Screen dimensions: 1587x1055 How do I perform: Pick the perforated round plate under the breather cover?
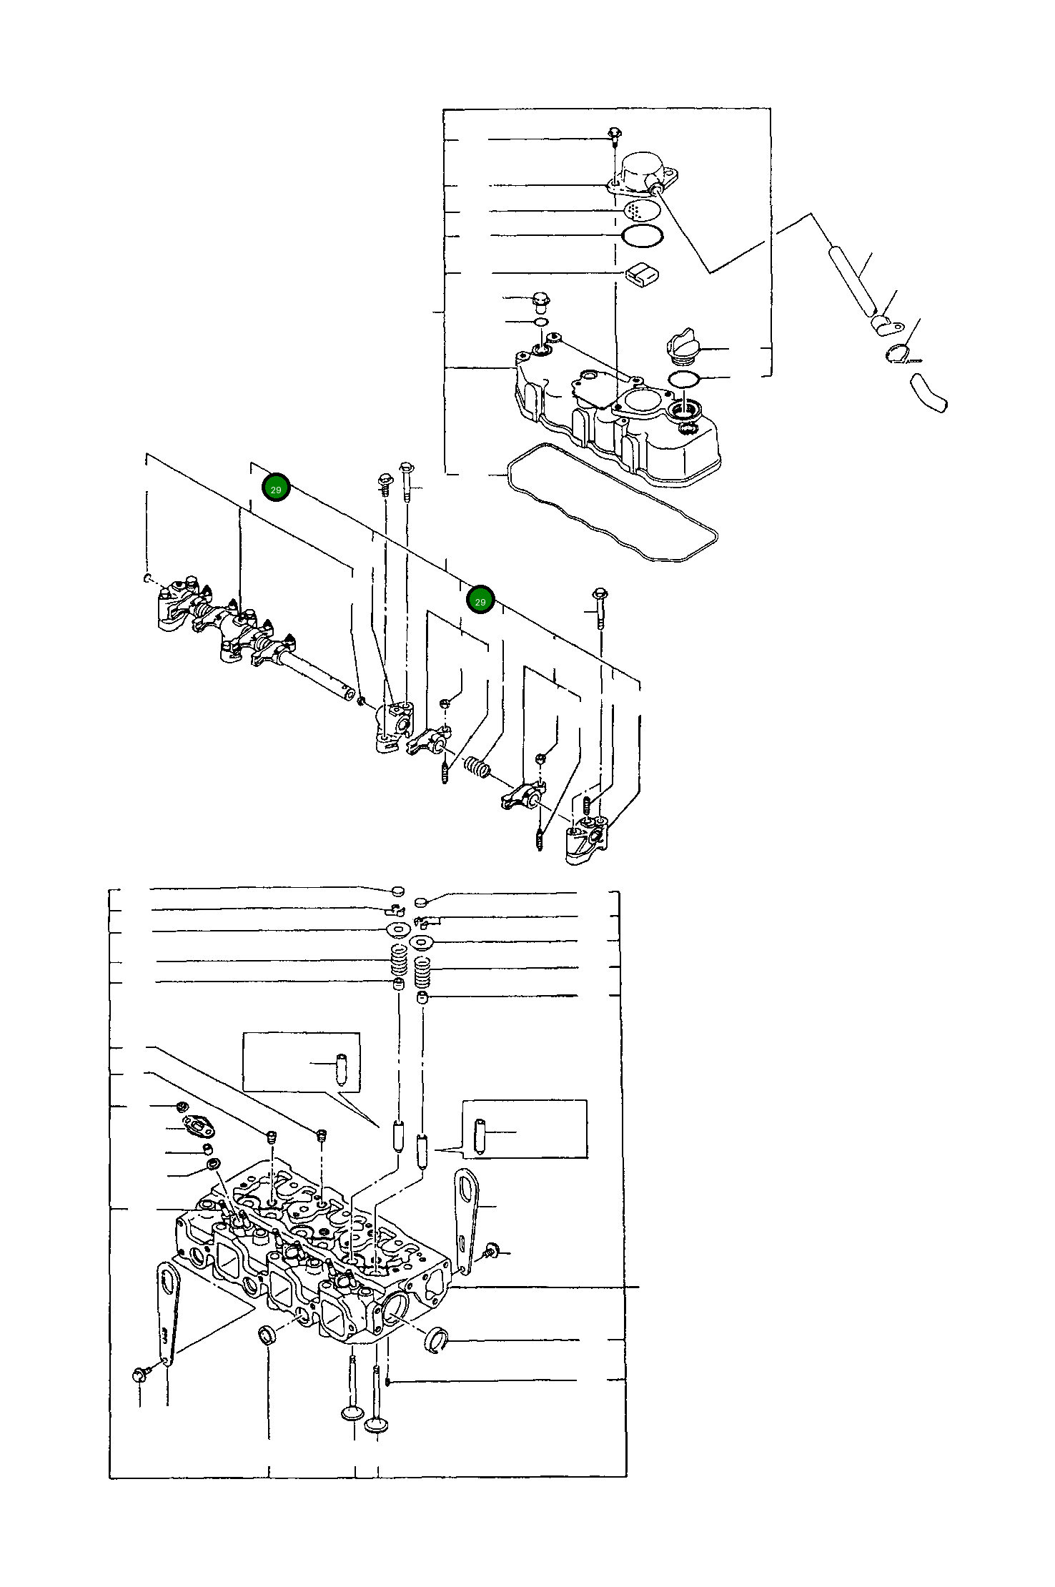click(642, 210)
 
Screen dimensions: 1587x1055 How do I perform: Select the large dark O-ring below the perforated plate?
click(642, 235)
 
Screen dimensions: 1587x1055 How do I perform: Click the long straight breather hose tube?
click(852, 281)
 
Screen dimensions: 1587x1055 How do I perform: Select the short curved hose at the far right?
click(928, 394)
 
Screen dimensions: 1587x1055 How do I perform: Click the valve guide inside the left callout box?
click(341, 1069)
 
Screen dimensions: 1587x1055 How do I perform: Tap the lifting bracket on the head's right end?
click(467, 1219)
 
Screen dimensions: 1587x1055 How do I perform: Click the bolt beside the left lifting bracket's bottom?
click(140, 1373)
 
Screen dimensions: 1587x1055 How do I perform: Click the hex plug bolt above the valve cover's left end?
click(541, 302)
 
